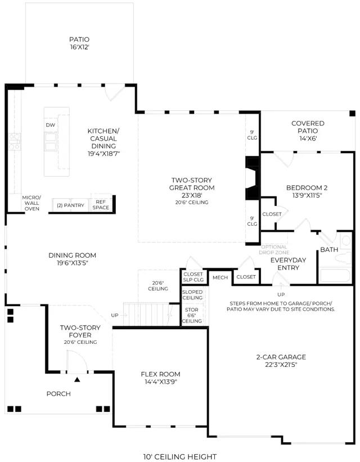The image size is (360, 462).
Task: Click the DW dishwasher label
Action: [51, 125]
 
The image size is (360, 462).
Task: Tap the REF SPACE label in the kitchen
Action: [101, 205]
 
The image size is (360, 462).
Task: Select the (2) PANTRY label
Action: [70, 205]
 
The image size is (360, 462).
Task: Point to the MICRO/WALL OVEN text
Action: [32, 203]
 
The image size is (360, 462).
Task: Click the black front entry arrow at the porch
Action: [77, 379]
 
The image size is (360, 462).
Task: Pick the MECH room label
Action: [220, 277]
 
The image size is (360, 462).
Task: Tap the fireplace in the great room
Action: [252, 178]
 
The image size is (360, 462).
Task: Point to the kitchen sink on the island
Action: [51, 141]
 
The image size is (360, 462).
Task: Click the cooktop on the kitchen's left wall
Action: [15, 141]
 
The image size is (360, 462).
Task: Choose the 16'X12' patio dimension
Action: [79, 47]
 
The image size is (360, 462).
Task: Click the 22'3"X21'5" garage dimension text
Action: [281, 365]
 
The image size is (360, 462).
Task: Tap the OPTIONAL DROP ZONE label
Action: [274, 249]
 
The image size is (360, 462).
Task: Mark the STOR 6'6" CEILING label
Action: [192, 315]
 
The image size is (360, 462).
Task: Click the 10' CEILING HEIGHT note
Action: [180, 457]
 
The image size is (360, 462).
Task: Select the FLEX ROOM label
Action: [160, 374]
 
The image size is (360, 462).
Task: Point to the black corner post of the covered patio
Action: [352, 114]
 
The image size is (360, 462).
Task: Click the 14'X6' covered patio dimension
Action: [308, 138]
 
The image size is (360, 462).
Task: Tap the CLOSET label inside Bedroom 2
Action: [272, 214]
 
